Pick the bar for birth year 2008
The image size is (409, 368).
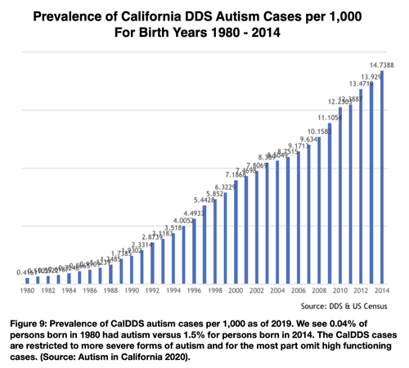tap(319, 213)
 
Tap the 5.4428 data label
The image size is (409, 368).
tap(205, 200)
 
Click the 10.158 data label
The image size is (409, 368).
tap(317, 132)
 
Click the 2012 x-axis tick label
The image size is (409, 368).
tap(361, 291)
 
